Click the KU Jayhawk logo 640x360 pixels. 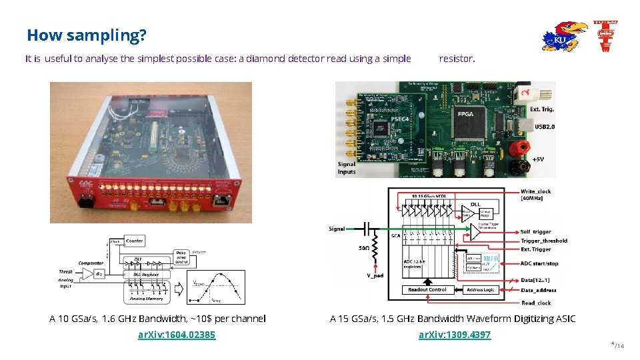[x=564, y=37]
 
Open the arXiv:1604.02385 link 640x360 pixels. [x=177, y=335]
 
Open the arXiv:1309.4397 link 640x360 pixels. [x=454, y=335]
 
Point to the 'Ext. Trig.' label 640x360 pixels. [x=542, y=109]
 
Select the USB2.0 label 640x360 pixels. [x=544, y=126]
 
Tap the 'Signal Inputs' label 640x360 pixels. [x=347, y=167]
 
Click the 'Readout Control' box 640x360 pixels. [x=427, y=290]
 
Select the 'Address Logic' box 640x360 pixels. [x=480, y=290]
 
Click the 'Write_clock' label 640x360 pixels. [x=535, y=191]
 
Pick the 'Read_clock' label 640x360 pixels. [x=537, y=303]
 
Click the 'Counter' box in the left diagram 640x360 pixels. [x=134, y=241]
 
